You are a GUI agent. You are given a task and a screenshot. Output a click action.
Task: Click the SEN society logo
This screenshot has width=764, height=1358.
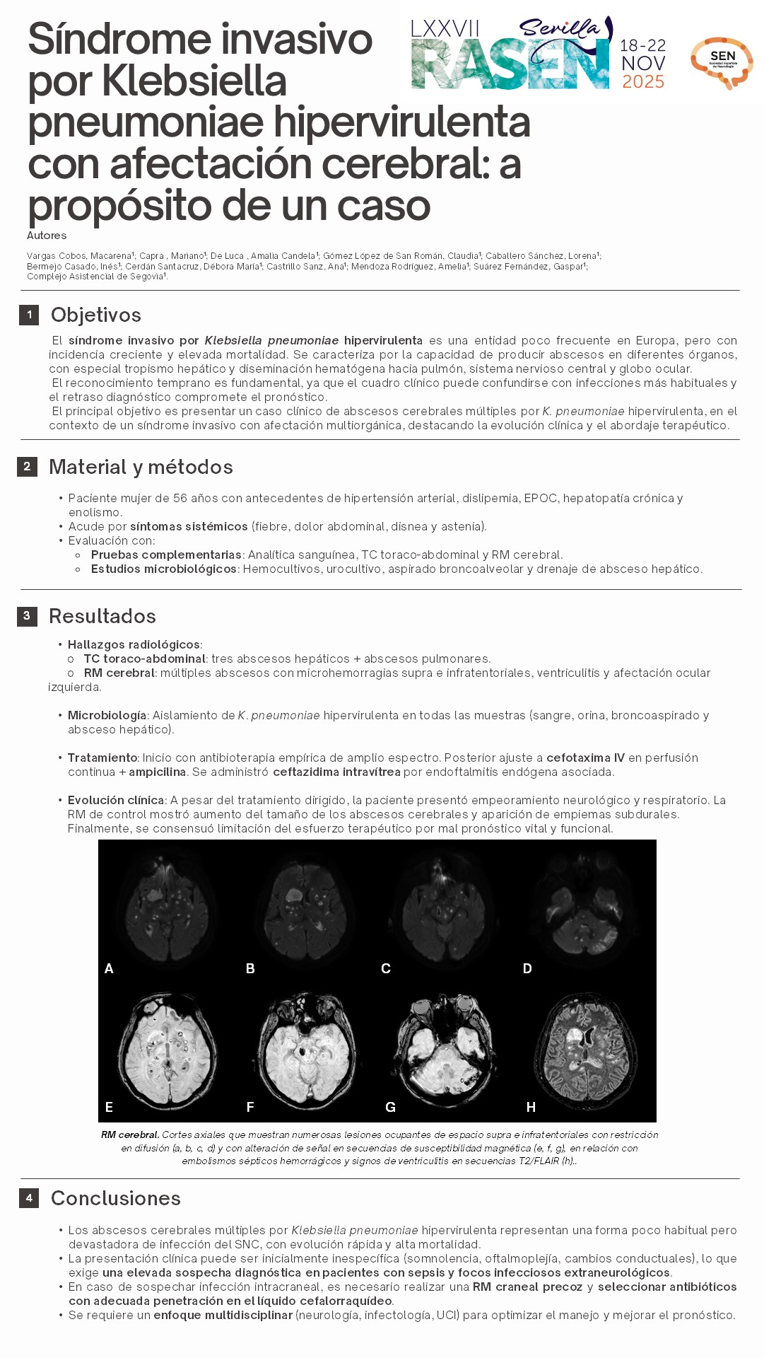coord(722,62)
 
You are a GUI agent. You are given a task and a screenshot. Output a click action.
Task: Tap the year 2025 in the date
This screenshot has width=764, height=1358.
coord(643,82)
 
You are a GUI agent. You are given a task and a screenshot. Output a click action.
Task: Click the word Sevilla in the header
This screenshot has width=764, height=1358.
coord(560,28)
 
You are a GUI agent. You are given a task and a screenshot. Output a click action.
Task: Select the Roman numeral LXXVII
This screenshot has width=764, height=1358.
coord(445,29)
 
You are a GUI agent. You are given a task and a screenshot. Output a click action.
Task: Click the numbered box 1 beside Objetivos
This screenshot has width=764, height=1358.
coord(29,315)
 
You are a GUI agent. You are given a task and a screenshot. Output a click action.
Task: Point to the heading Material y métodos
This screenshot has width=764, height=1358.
coord(141,467)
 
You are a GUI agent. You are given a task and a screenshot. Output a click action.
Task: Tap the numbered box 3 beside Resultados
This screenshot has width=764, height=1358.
coord(27,616)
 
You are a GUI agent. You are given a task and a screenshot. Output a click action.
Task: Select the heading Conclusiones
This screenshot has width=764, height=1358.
coord(116,1198)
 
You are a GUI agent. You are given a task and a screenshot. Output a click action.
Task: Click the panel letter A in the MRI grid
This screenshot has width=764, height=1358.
coord(109,968)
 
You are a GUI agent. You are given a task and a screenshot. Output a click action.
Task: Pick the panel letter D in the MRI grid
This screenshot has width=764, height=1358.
coord(527,968)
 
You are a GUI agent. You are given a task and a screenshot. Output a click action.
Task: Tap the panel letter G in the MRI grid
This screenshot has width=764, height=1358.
coord(390,1107)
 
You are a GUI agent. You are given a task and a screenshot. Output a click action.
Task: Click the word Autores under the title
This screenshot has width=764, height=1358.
coord(47,236)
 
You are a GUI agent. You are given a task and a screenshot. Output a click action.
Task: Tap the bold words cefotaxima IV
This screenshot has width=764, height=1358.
coord(585,758)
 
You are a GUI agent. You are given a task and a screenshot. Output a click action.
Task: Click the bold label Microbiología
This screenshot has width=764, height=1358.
coord(107,715)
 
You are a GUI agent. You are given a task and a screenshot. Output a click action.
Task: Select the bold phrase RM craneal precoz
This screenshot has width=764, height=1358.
coord(527,1287)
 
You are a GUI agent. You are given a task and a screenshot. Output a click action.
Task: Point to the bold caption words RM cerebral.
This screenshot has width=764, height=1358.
coord(129,1135)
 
